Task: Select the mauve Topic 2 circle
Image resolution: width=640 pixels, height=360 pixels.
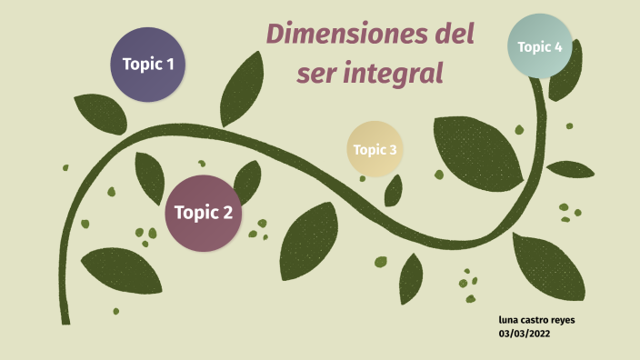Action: pos(203,213)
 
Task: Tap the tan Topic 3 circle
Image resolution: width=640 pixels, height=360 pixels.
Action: pos(375,149)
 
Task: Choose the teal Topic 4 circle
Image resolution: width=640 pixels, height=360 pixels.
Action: pos(540,46)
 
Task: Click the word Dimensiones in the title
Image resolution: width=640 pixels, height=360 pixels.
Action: pos(343,37)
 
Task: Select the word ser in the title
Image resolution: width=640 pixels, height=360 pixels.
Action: pos(317,74)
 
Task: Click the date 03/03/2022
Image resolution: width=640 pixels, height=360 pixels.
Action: pos(525,334)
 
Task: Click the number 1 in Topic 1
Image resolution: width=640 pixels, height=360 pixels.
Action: pos(168,65)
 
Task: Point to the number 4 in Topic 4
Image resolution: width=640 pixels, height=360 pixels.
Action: pos(557,46)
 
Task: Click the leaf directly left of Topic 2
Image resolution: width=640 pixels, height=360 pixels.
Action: pos(149,177)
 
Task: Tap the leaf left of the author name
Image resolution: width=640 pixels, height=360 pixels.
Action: pos(411,277)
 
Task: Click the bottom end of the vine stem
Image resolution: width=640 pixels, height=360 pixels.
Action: pos(65,320)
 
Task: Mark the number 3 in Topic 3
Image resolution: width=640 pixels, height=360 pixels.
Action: pos(393,150)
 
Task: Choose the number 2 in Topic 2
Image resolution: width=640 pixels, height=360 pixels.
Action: pos(227,214)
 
